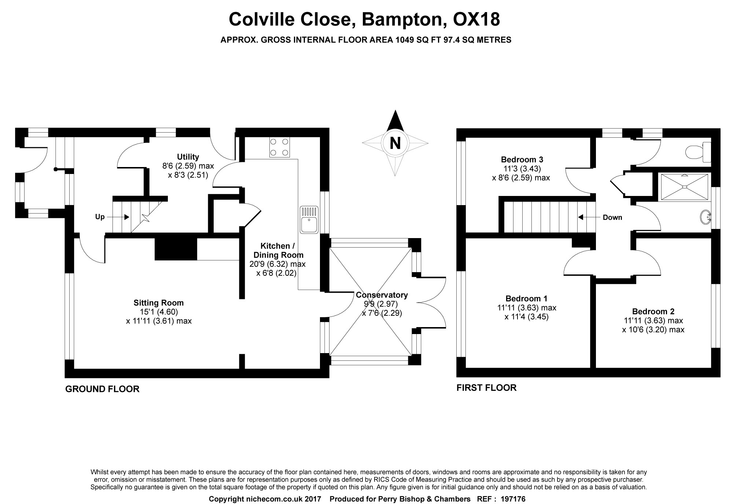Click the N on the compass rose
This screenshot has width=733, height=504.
pos(395,143)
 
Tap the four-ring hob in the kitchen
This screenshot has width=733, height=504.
pos(279,147)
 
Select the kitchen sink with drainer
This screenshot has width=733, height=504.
pos(309,220)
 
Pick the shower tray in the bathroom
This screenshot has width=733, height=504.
pos(684,187)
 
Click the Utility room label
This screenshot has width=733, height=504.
pos(188,157)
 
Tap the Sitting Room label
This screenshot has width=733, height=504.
pos(158,303)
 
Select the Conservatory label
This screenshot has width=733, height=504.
pos(382,295)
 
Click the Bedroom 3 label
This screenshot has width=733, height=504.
pos(522,160)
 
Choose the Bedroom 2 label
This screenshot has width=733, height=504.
pos(653,312)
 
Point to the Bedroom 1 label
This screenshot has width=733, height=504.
pos(526,299)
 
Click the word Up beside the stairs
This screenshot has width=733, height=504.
pos(100,217)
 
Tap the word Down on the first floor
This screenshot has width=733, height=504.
pos(612,218)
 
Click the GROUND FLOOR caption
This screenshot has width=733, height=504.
pos(102,389)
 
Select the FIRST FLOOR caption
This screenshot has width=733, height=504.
pos(486,388)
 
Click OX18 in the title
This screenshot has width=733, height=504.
pos(476,19)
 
